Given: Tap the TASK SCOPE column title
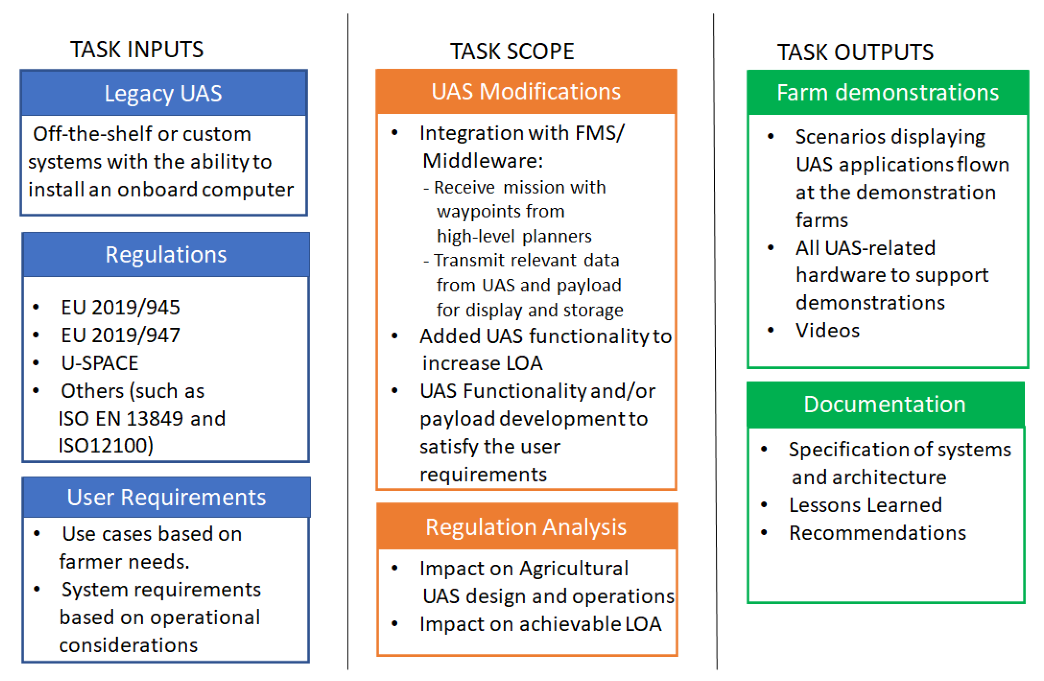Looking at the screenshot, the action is [512, 51].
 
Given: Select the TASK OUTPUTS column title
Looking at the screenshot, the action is [855, 52].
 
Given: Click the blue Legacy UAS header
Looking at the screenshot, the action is [164, 93].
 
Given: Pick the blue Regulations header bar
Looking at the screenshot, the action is [166, 254].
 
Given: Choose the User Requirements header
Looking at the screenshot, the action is [166, 497].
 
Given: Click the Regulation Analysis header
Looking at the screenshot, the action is [527, 526].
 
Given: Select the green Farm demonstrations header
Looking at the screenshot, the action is [888, 92].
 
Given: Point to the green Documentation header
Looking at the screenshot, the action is [886, 404].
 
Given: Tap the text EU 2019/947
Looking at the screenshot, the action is [121, 335].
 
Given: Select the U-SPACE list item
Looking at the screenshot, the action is [100, 363].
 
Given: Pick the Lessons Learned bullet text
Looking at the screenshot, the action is [865, 505].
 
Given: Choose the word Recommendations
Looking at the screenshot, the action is [878, 533].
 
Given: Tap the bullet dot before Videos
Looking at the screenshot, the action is [771, 330].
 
